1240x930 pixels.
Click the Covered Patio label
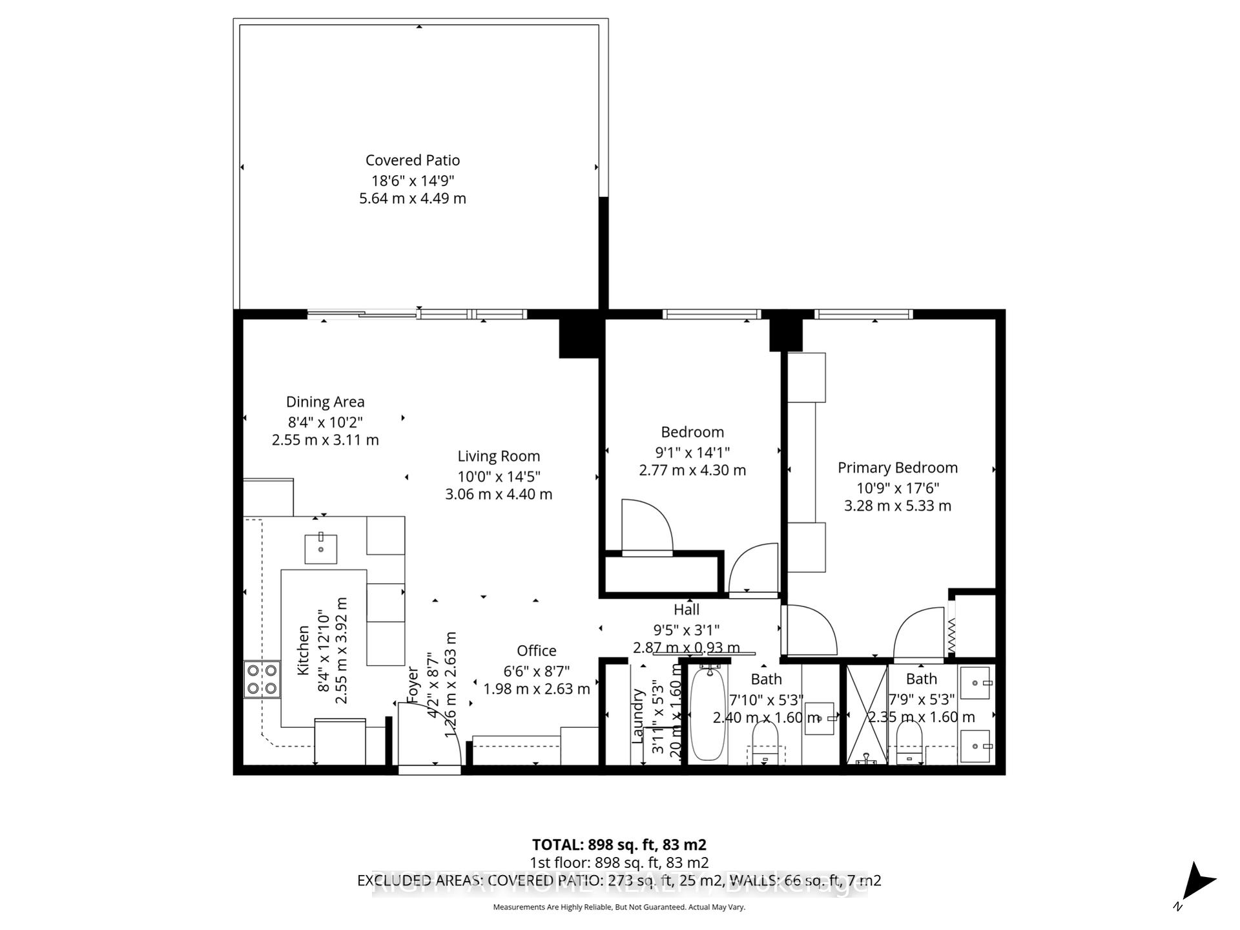412,160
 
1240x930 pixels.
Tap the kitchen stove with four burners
262,679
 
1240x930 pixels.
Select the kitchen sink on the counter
320,549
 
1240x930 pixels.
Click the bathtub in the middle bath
708,714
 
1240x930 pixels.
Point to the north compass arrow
1197,882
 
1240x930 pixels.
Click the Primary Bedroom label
897,468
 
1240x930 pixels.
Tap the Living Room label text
499,456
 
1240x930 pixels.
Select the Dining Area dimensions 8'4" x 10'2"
325,422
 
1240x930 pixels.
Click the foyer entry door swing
428,734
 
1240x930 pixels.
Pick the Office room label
536,650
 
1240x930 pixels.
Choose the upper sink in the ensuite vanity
975,683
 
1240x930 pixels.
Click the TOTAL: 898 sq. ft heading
619,845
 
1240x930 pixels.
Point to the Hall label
686,609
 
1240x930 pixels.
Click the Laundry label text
638,716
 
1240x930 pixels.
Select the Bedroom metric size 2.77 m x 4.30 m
692,470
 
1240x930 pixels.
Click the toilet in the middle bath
765,741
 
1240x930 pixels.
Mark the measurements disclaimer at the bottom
619,907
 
